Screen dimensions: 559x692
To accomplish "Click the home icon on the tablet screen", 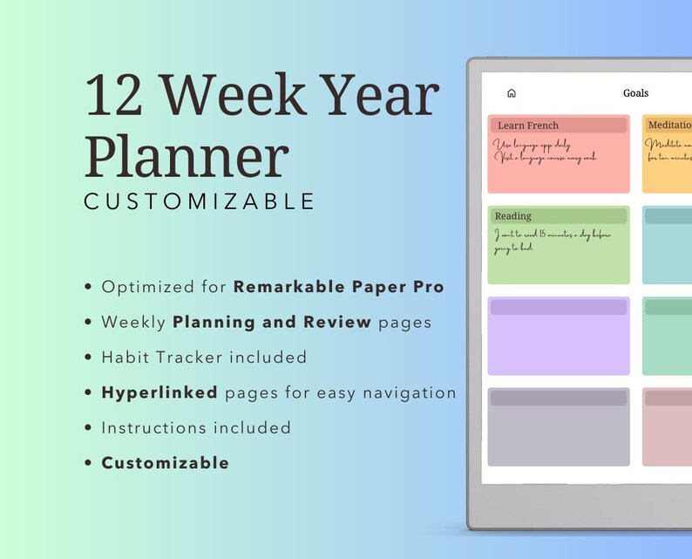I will (x=512, y=93).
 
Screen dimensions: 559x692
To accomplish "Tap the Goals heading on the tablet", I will (x=635, y=93).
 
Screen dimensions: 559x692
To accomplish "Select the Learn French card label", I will (x=527, y=126).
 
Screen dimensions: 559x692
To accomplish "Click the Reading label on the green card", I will (x=512, y=216).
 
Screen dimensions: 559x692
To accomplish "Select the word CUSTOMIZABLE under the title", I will (x=200, y=201).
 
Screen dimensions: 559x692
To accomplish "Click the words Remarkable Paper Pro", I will (x=338, y=287).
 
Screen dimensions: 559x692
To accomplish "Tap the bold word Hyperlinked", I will (x=159, y=392).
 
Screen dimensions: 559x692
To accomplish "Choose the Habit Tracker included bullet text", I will (x=204, y=357).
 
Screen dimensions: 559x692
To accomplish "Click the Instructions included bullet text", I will (x=196, y=427).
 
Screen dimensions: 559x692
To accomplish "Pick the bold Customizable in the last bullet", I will (x=166, y=463).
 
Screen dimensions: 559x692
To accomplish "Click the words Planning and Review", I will (x=272, y=322).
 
